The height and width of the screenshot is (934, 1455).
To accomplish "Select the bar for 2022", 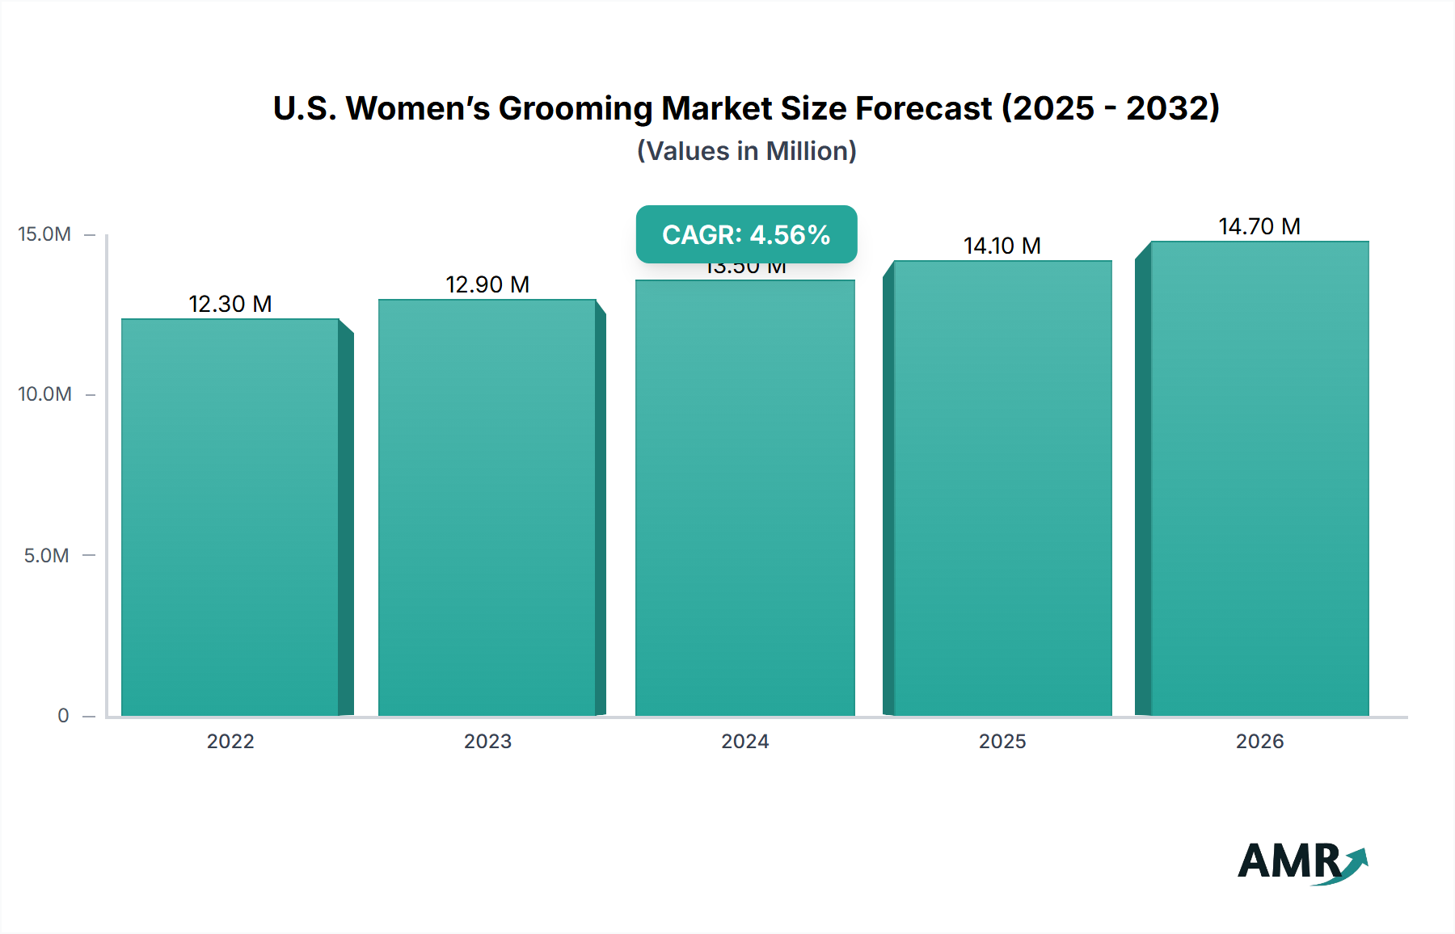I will pos(230,517).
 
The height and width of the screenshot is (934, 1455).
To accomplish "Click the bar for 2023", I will pos(487,507).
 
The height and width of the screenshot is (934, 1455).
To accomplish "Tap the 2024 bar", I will pos(744,498).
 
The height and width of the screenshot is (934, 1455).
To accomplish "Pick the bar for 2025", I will pos(1002,488).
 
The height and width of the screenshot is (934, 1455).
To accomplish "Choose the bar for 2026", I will pos(1259,478).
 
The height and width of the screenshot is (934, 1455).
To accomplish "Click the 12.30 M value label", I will pos(230,304).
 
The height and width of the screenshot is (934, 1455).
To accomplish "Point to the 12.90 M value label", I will pos(487,284).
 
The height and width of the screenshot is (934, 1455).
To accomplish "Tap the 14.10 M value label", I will pos(1002,246).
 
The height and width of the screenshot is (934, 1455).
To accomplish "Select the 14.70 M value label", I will pos(1259,226).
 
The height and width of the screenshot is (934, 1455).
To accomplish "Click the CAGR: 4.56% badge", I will pos(746,234).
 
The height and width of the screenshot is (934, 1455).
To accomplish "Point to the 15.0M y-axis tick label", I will pos(44,234).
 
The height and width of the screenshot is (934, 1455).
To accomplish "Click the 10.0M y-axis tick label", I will pos(44,394).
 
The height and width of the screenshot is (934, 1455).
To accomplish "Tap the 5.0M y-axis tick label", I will pos(46,555).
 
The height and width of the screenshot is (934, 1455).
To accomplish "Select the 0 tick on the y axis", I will pos(63,715).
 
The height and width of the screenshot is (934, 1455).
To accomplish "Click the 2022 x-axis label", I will pos(230,741).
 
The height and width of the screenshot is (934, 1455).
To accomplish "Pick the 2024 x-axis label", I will pos(744,741).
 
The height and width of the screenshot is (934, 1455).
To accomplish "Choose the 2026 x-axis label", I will pos(1259,741).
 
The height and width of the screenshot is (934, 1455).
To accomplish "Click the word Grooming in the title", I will pos(575,108).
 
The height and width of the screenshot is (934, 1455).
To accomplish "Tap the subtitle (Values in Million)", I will pos(746,151).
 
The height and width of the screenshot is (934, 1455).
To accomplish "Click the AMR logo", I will pos(1301,862).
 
